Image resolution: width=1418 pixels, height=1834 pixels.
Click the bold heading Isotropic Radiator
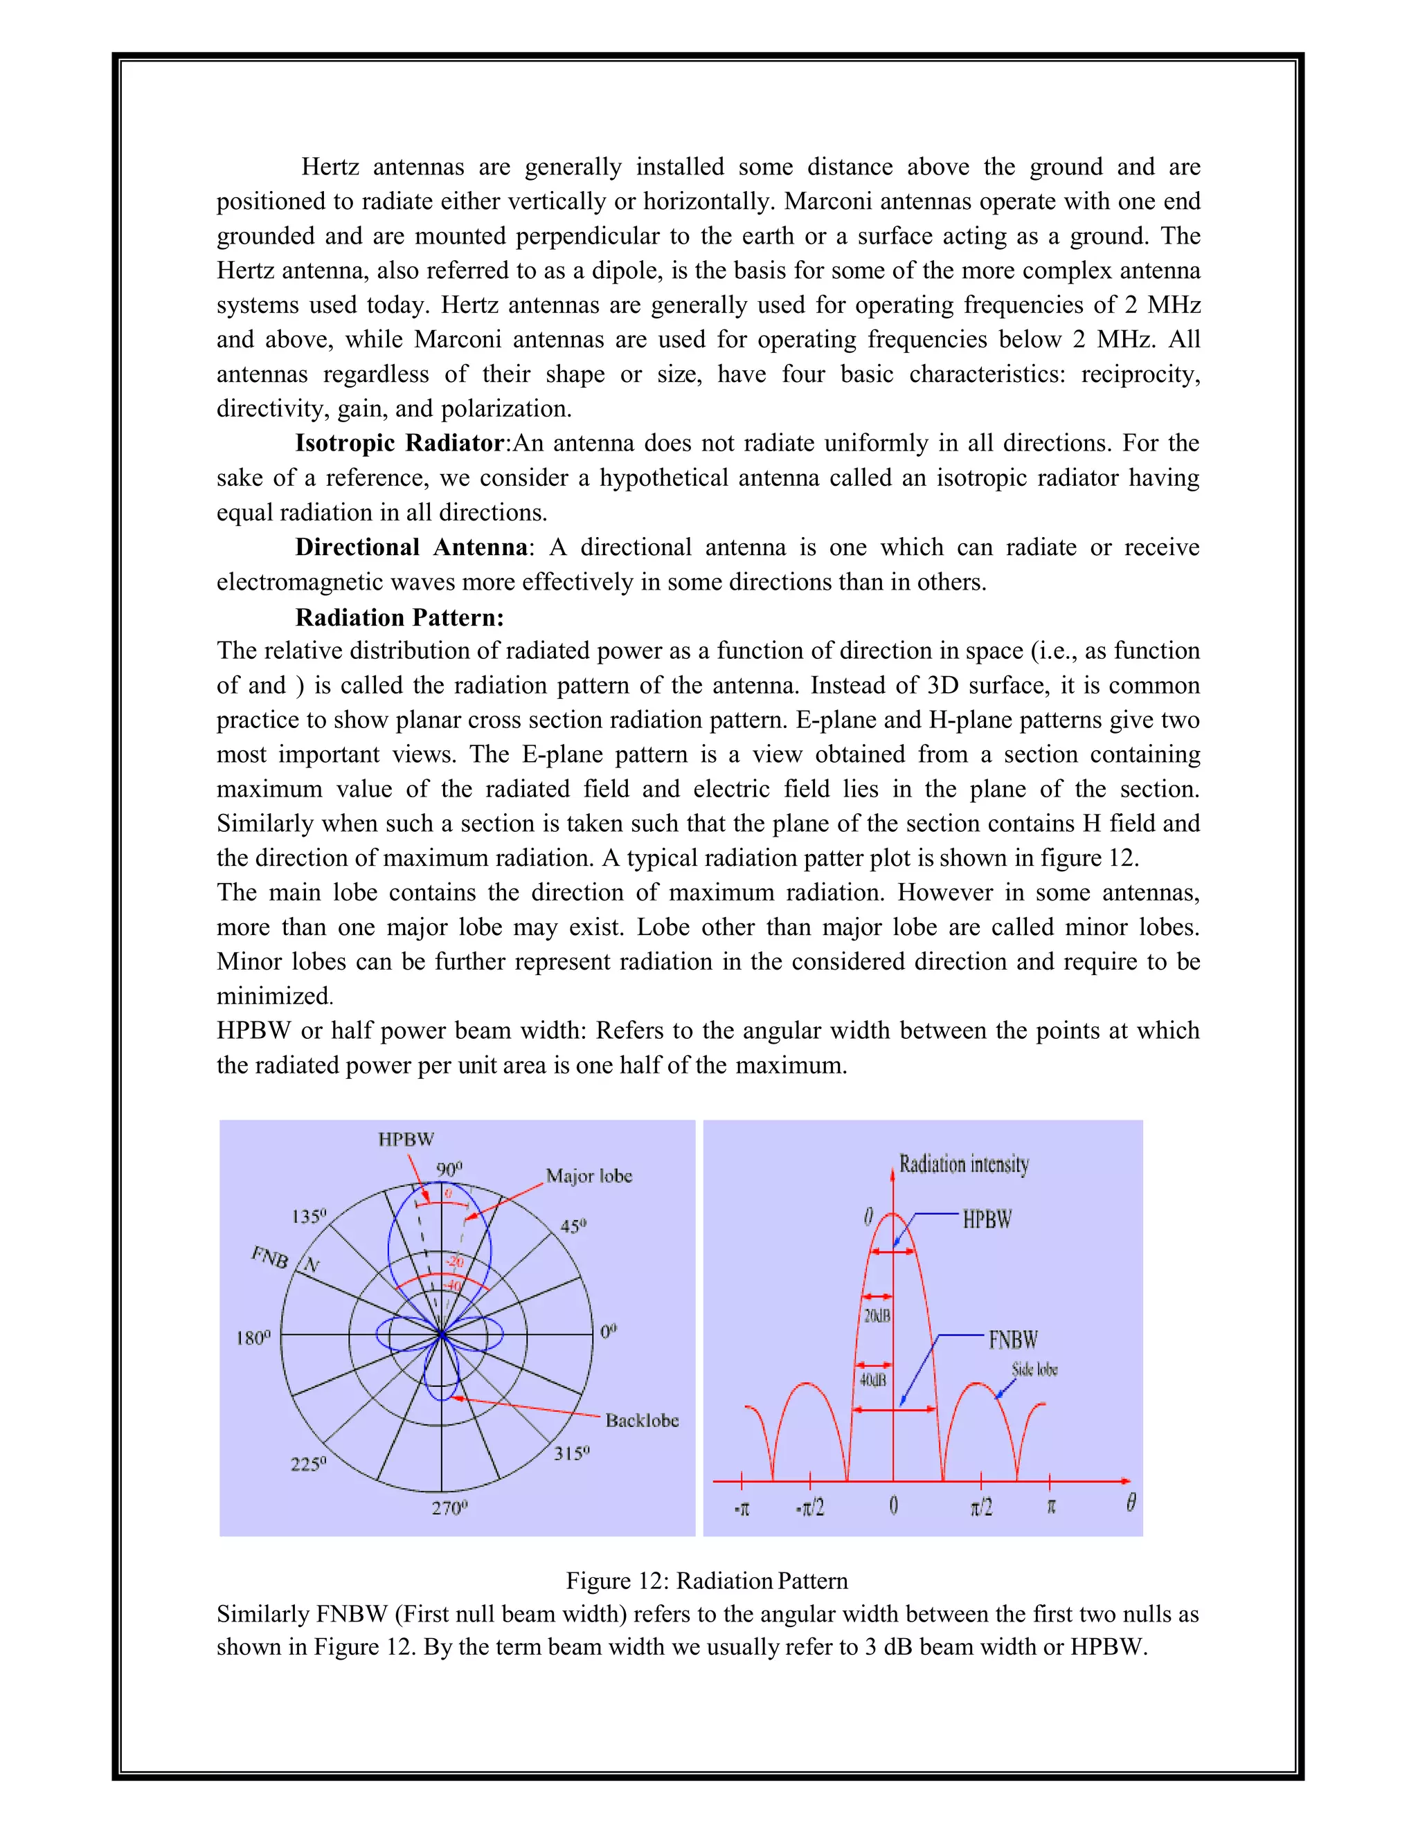click(x=399, y=444)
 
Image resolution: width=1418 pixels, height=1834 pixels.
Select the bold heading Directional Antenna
click(x=411, y=547)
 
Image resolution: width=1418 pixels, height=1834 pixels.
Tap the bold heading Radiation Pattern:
click(x=399, y=618)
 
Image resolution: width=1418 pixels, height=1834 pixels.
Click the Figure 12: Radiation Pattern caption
click(x=706, y=1581)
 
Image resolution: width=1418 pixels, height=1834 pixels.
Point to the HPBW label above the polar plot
click(x=406, y=1140)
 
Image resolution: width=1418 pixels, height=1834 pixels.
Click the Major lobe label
click(x=589, y=1176)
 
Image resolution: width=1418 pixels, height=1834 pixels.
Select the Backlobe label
click(x=642, y=1421)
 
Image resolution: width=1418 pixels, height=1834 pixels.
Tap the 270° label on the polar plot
click(x=449, y=1508)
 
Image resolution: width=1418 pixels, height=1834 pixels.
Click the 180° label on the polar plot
click(x=253, y=1338)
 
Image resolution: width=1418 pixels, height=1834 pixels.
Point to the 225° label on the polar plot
click(x=307, y=1464)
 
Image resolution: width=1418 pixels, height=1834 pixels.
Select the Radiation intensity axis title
click(x=964, y=1164)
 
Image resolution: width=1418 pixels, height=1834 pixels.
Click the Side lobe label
click(x=1034, y=1370)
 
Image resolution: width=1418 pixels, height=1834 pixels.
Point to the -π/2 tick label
click(x=810, y=1508)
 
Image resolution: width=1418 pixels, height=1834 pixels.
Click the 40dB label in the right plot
click(x=873, y=1381)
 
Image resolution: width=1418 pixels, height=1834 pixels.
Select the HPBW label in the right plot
click(x=987, y=1219)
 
